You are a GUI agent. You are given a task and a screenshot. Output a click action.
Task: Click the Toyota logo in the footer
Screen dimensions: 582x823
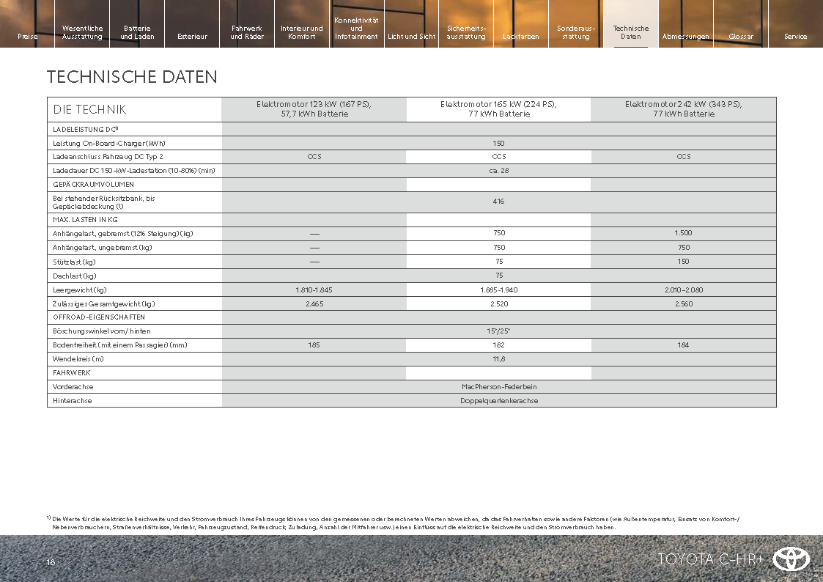point(791,559)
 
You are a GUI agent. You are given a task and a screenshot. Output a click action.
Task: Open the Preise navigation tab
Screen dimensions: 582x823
point(27,37)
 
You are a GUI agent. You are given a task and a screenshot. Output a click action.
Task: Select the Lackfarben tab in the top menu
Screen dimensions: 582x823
point(521,37)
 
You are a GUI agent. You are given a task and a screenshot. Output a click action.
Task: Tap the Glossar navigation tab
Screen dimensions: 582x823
point(741,37)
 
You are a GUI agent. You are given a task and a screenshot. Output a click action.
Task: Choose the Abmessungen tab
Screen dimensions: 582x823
point(685,37)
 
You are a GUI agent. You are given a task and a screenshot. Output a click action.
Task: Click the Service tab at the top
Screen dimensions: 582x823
point(795,37)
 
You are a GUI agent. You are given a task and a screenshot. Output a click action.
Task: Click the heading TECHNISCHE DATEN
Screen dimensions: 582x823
point(132,77)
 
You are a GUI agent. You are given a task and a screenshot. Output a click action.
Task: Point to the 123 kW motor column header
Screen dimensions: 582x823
point(314,109)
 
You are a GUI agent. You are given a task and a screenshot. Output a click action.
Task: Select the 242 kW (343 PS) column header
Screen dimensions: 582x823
point(683,109)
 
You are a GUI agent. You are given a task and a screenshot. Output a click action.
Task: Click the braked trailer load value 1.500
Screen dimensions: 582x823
point(683,233)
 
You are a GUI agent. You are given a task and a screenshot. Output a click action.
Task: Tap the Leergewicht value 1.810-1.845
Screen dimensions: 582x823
point(314,290)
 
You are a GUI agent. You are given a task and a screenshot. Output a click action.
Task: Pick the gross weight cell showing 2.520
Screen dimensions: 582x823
point(498,303)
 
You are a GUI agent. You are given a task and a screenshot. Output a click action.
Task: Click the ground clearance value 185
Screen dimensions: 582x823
point(314,345)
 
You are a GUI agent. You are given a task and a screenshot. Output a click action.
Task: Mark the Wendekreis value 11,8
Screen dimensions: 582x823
point(498,359)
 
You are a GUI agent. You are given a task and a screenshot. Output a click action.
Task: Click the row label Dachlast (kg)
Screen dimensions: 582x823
point(75,276)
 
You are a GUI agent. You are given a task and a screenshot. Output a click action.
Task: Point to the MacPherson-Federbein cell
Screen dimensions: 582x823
point(498,386)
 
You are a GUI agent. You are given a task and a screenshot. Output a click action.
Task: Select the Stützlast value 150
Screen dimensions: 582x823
point(683,262)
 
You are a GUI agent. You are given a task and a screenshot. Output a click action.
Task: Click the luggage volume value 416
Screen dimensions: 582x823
point(498,202)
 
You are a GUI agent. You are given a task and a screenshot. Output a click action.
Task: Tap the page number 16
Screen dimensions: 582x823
point(51,562)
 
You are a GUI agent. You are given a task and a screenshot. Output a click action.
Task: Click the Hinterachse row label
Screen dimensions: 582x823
point(73,400)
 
